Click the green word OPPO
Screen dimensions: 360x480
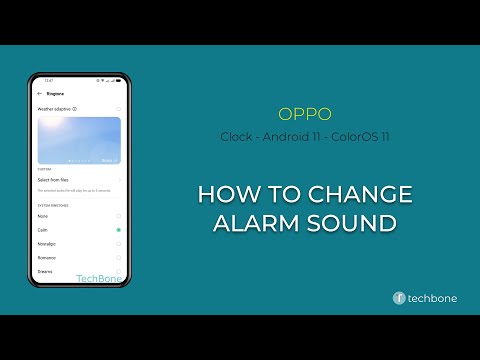tap(305, 114)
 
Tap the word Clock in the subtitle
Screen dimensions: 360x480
tap(236, 136)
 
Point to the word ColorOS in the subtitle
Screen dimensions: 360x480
tap(353, 136)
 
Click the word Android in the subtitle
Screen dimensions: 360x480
tap(289, 136)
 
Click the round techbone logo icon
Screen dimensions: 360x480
tap(399, 298)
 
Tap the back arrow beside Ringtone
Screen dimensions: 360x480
tap(39, 93)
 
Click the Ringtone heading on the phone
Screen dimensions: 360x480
tap(55, 93)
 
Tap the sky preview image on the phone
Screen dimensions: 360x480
tap(79, 140)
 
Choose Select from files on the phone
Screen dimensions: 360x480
tap(54, 180)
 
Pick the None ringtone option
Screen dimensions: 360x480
tap(43, 216)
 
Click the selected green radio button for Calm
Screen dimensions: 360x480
tap(118, 230)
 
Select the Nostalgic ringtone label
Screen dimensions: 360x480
tap(48, 244)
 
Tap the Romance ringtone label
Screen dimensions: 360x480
tap(48, 258)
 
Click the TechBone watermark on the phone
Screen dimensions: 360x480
tap(98, 279)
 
